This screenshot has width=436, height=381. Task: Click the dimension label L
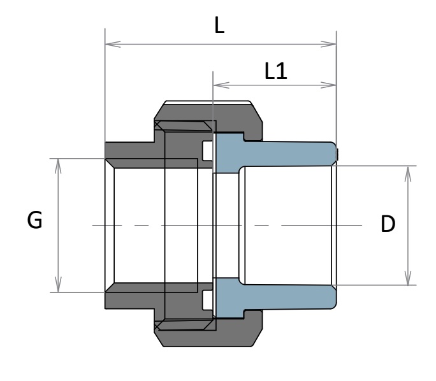(x=219, y=27)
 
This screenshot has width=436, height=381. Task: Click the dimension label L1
(x=276, y=71)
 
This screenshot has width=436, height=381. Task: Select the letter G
(x=35, y=221)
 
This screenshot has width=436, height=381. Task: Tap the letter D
(x=388, y=224)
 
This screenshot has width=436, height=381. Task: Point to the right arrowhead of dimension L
(x=333, y=45)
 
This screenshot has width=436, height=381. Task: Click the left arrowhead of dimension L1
(x=216, y=84)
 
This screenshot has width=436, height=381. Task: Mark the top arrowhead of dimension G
(x=58, y=162)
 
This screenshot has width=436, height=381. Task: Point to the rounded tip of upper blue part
(x=334, y=153)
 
